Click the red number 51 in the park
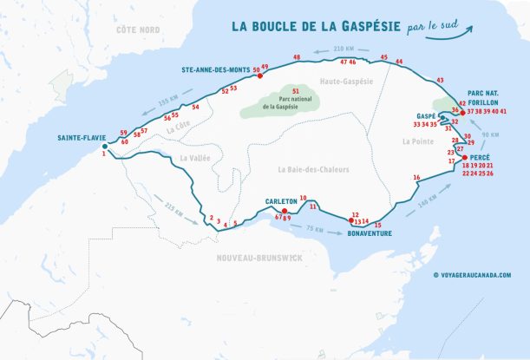(x=296, y=90)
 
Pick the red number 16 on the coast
(x=416, y=177)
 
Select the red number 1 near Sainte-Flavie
(x=103, y=154)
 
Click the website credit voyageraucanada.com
(x=472, y=275)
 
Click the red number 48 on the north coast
(x=297, y=57)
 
